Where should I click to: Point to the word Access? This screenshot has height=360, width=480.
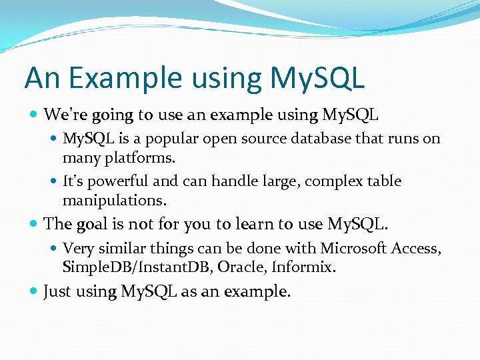pyautogui.click(x=417, y=248)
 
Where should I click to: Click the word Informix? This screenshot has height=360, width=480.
pyautogui.click(x=308, y=268)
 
